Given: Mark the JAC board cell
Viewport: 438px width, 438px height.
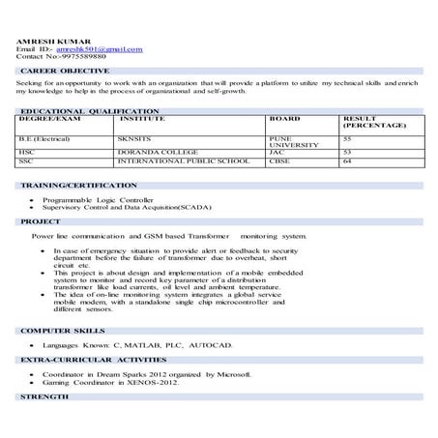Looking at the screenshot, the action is click(277, 152).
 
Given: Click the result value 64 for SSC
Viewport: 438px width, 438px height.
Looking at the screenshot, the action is click(347, 161).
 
